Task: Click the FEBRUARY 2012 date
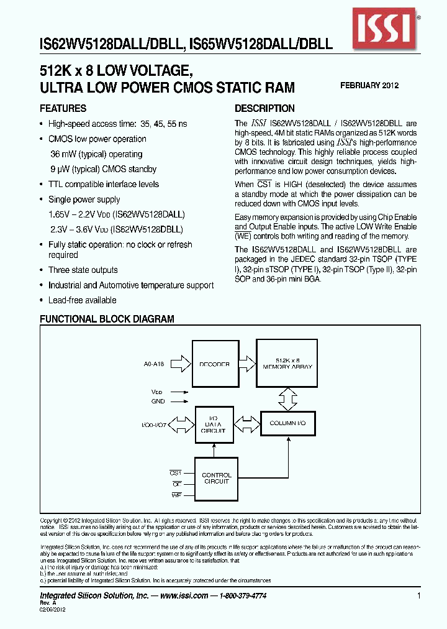369,86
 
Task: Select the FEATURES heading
63,108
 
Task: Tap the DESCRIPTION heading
264,108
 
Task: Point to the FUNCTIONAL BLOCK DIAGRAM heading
107,319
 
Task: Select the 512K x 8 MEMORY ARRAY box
287,364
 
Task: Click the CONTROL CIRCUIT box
216,478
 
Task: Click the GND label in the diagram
158,402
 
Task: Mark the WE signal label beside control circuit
176,494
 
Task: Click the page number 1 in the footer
419,595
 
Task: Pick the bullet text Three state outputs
83,270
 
